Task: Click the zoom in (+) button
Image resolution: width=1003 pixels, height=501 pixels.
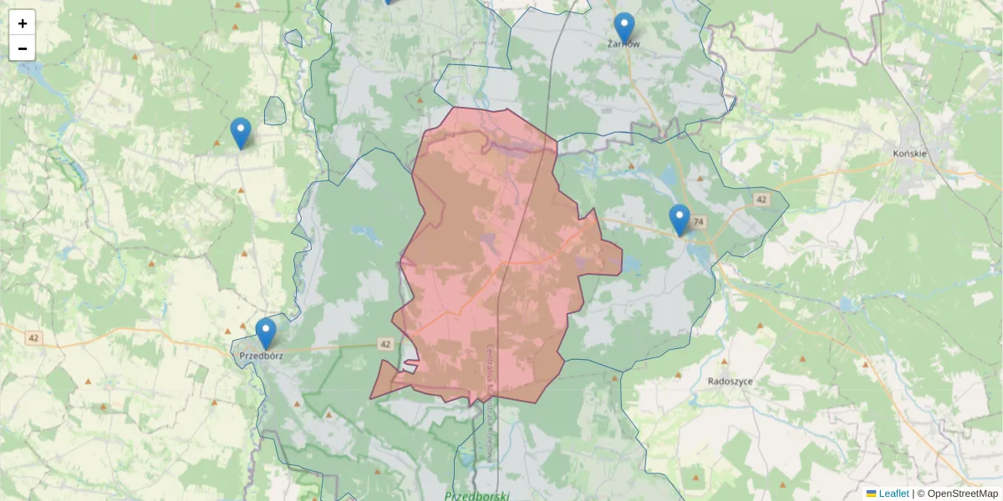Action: point(23,23)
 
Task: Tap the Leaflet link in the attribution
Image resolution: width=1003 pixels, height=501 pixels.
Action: point(894,493)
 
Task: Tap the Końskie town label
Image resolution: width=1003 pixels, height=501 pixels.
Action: point(911,154)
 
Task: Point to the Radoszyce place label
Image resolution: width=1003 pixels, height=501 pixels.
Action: point(730,381)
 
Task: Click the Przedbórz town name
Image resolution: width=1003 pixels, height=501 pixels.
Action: point(261,355)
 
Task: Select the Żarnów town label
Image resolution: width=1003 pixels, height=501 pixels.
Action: point(624,44)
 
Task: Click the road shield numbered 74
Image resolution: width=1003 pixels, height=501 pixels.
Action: point(699,221)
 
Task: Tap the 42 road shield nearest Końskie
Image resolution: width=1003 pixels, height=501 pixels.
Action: point(761,200)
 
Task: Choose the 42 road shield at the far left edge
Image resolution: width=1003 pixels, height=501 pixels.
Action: point(33,337)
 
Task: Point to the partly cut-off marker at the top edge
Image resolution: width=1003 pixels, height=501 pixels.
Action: point(388,2)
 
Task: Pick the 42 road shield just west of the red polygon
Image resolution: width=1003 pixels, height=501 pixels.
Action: point(384,344)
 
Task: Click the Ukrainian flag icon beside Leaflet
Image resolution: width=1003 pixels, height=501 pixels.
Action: point(871,493)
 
